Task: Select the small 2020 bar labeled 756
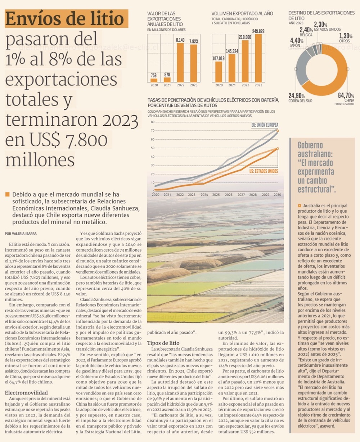[154, 80]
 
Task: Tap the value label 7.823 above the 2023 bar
[194, 41]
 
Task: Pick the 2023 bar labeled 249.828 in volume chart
[258, 58]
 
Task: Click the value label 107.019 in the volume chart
[219, 58]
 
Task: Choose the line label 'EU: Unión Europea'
[264, 125]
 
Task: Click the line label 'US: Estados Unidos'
[264, 171]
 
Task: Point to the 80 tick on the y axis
[153, 122]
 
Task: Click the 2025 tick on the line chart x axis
[216, 195]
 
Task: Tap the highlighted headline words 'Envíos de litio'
[66, 19]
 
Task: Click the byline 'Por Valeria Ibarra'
[21, 234]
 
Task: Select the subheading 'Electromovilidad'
[26, 392]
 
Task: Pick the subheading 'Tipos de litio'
[163, 343]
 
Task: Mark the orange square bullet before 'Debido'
[8, 195]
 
